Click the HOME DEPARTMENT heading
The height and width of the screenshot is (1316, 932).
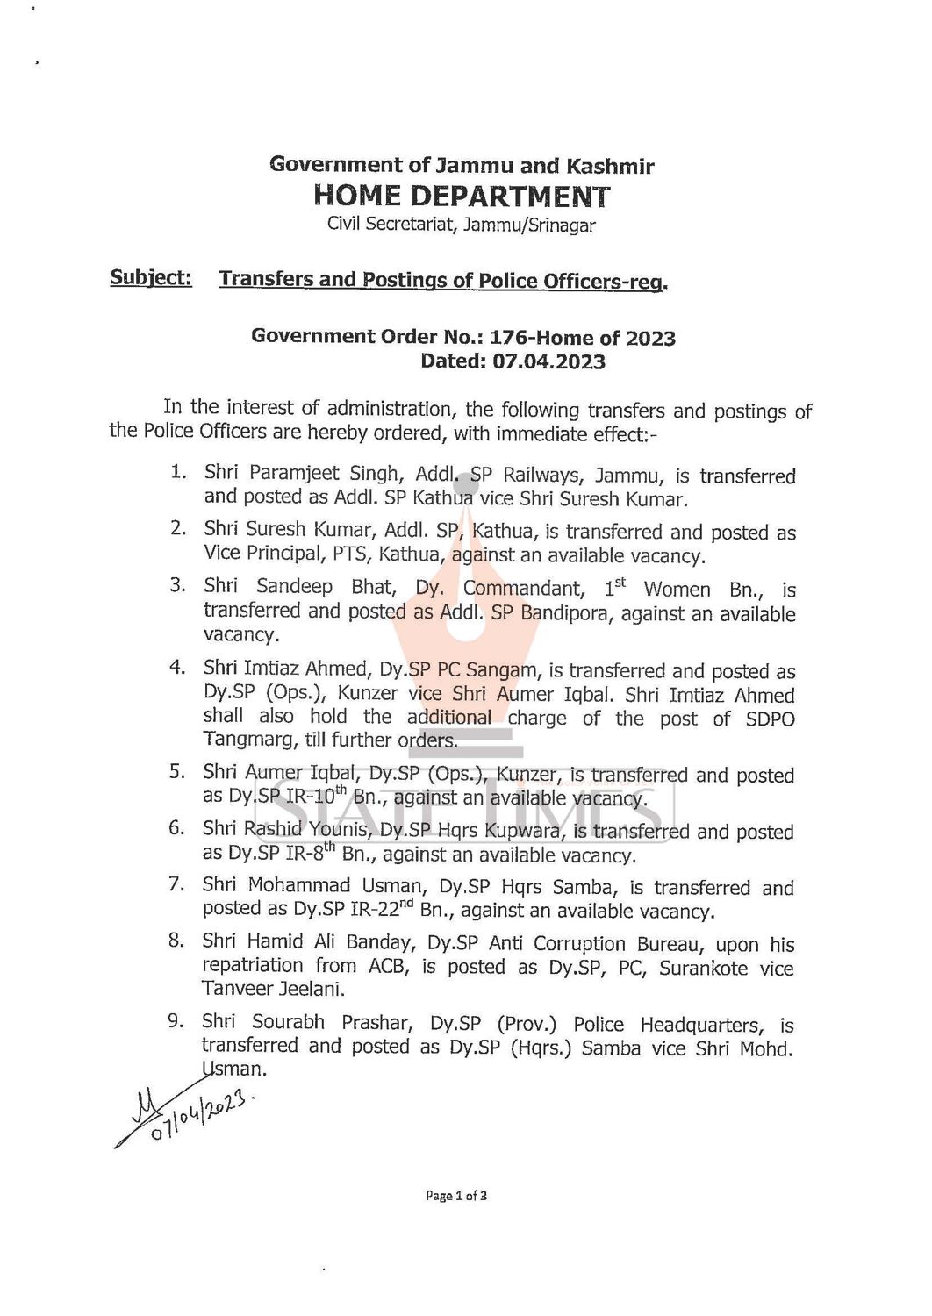pos(462,195)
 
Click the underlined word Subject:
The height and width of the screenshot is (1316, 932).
pos(151,278)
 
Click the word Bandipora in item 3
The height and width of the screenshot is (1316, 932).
pos(568,613)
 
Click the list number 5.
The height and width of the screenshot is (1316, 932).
pos(176,772)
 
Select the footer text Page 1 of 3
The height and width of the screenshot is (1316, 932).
pos(456,1195)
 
